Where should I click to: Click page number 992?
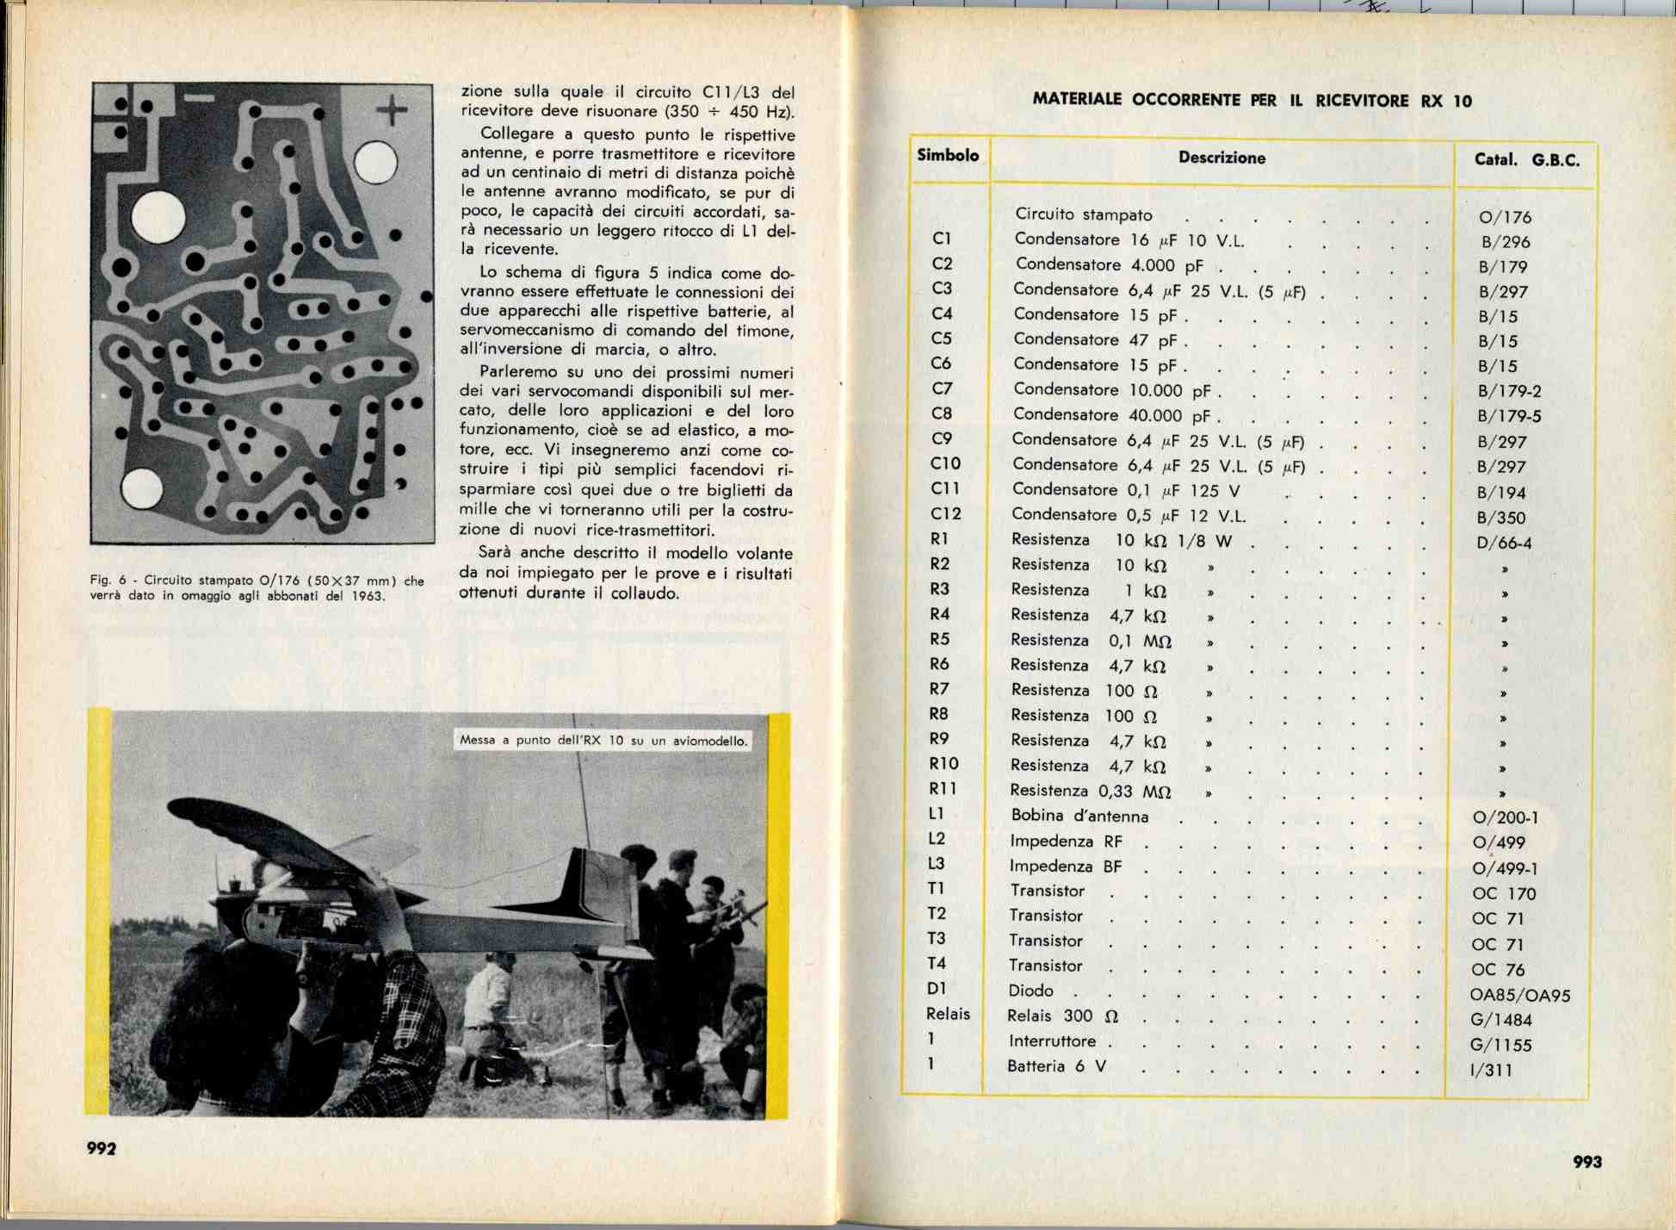(x=101, y=1148)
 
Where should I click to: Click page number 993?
(x=1586, y=1161)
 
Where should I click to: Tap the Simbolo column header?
(x=948, y=155)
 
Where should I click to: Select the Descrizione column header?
(x=1221, y=158)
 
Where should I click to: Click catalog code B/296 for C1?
(x=1505, y=242)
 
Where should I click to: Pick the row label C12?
(x=945, y=513)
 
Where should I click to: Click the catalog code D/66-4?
(x=1504, y=543)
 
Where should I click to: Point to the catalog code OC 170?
(x=1503, y=893)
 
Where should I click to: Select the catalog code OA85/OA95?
(x=1519, y=995)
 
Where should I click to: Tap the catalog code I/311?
(x=1491, y=1070)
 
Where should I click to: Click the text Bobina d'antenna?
(x=1079, y=815)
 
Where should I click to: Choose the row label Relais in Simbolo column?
(x=948, y=1014)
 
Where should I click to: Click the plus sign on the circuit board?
(x=392, y=109)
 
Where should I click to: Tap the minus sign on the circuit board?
(x=200, y=98)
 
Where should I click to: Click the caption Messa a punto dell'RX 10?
(x=603, y=740)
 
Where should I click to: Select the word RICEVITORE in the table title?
(x=1362, y=100)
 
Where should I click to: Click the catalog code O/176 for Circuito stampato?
(x=1505, y=217)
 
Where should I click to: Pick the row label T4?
(x=937, y=963)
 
